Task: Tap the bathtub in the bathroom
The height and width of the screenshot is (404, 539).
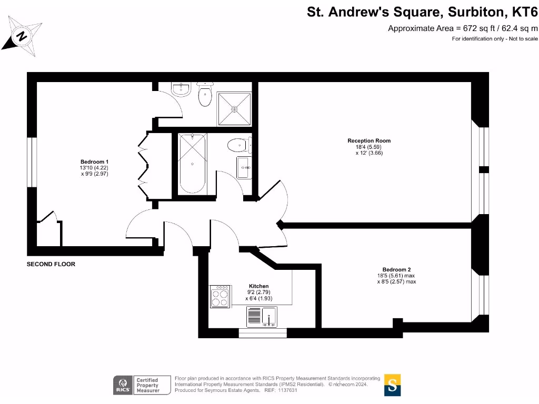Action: tap(193, 163)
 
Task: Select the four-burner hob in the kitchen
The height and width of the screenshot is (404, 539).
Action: tap(220, 297)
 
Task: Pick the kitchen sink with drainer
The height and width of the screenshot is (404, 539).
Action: tap(262, 317)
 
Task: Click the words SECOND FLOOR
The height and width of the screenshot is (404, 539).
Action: tap(51, 264)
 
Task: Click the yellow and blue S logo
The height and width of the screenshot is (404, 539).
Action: tap(392, 385)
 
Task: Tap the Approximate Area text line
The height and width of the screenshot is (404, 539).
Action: tap(463, 28)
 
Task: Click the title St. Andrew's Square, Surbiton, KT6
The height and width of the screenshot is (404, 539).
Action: tap(423, 12)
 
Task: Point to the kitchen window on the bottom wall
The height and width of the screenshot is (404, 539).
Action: tap(263, 333)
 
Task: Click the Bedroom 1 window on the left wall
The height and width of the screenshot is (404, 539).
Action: tap(32, 162)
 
